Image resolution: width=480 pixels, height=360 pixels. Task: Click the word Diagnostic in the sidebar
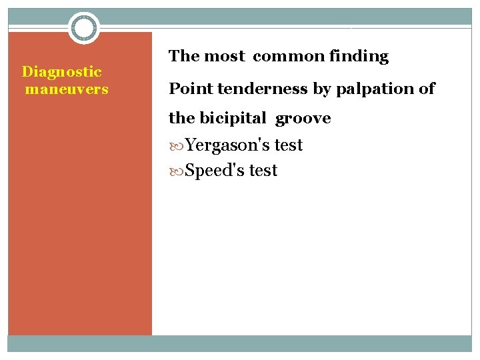click(x=62, y=71)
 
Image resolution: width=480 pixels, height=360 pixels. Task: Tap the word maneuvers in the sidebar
click(x=67, y=89)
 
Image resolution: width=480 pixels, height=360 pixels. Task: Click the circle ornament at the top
click(x=83, y=28)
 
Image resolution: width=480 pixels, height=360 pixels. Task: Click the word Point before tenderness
click(x=187, y=89)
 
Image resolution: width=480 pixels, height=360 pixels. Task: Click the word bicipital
click(x=234, y=119)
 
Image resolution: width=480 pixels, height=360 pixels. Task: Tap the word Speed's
click(x=215, y=171)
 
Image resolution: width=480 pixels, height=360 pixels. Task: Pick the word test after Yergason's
click(x=289, y=145)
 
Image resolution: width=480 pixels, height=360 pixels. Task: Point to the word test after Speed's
click(x=263, y=171)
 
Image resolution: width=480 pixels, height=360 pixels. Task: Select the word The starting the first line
click(x=184, y=57)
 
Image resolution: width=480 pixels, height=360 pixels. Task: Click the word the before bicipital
click(x=182, y=119)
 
